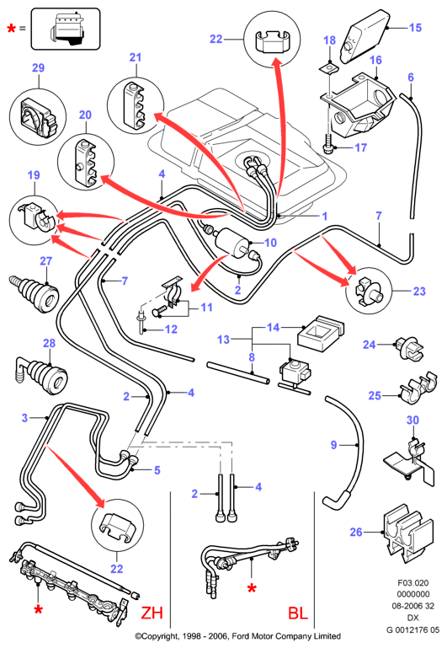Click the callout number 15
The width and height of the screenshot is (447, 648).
(415, 28)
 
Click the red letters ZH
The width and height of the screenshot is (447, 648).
(152, 613)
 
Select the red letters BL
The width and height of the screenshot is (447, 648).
(298, 613)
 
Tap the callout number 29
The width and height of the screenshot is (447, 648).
(38, 67)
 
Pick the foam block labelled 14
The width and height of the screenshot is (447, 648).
(321, 334)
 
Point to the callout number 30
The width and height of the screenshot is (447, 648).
(412, 420)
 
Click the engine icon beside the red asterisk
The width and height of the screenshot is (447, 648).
(66, 28)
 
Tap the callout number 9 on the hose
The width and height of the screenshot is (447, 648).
(334, 445)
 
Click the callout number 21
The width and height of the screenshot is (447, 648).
(136, 57)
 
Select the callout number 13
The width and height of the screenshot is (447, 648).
(223, 340)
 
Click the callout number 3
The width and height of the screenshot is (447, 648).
(24, 418)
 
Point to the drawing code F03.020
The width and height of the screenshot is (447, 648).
(412, 583)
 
